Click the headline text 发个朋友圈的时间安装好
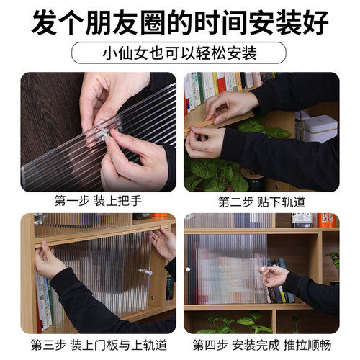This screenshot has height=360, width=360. tap(180, 20)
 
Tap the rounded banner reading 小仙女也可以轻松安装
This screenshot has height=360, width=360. tap(180, 53)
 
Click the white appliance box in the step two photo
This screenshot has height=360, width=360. tap(320, 128)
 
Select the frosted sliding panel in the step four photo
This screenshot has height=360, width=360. tap(223, 268)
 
